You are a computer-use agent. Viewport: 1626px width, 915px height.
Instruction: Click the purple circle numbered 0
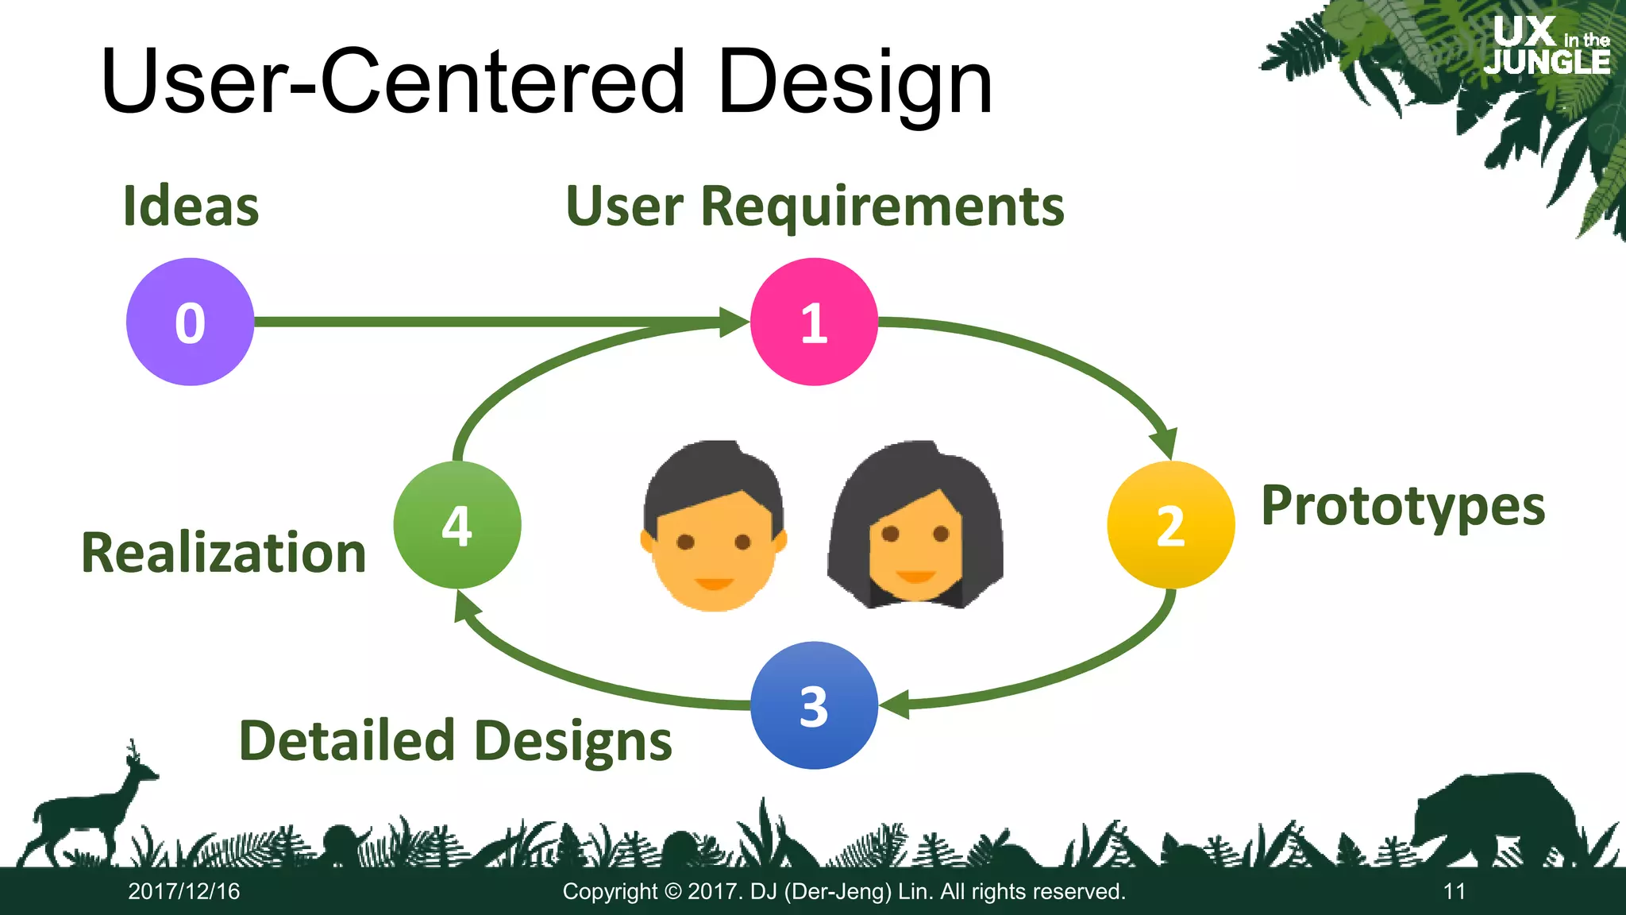click(190, 322)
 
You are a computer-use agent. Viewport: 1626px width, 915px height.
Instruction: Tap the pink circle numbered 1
click(814, 322)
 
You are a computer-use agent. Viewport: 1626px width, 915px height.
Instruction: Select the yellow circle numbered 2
click(1170, 524)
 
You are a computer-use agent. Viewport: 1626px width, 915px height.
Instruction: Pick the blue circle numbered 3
click(814, 705)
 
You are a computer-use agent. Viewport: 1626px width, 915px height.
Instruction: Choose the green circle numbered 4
click(457, 524)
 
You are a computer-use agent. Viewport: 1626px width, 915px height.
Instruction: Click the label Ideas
click(191, 207)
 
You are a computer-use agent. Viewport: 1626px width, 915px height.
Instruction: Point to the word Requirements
click(881, 207)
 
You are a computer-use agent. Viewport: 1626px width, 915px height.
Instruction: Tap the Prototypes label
click(1403, 506)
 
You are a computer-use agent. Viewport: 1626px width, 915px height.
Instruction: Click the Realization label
click(224, 553)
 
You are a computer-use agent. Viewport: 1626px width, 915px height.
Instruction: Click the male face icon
click(713, 526)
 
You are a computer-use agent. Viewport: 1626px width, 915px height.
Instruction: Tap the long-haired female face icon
click(915, 526)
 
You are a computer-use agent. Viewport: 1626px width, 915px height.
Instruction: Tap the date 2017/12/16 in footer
click(184, 891)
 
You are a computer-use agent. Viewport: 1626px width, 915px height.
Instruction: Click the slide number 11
click(1454, 891)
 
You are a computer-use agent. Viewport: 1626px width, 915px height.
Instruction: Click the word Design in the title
click(854, 83)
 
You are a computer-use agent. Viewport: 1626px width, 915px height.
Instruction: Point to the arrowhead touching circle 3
click(894, 705)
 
